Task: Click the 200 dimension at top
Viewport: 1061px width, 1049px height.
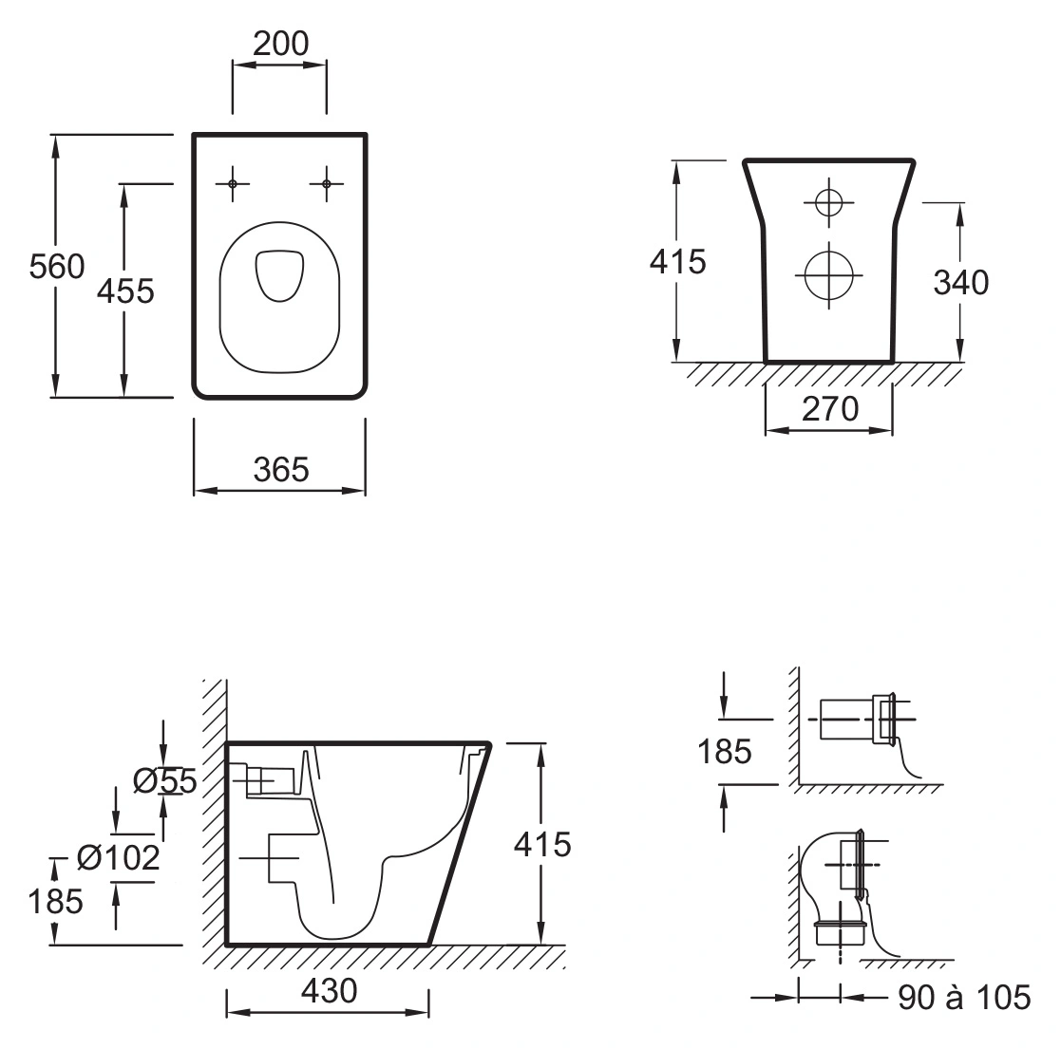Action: tap(281, 44)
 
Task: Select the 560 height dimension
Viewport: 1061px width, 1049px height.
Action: tap(57, 267)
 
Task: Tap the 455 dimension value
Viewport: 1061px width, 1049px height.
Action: tap(125, 291)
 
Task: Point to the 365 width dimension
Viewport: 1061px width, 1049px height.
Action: tap(281, 469)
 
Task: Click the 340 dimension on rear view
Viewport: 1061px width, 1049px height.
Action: tap(961, 283)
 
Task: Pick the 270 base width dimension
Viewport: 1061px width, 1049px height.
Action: tap(830, 408)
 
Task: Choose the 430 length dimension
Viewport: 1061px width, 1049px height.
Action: tap(329, 991)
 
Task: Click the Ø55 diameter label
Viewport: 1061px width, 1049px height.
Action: tap(165, 781)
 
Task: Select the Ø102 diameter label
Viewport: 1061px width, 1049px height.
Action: tap(119, 858)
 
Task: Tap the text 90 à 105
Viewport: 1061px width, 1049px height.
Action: tap(964, 997)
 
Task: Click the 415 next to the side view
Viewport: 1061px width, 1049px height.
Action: tap(542, 845)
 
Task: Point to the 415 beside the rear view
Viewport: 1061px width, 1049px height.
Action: tap(677, 262)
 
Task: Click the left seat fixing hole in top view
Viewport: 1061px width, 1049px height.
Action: tap(232, 183)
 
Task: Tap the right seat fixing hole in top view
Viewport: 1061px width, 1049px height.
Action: tap(326, 183)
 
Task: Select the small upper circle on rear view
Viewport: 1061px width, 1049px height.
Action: tap(829, 201)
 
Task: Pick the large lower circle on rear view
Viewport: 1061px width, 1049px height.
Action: tap(829, 275)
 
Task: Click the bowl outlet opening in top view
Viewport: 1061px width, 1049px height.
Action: tap(279, 275)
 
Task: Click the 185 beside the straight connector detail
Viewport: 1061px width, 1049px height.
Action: tap(725, 752)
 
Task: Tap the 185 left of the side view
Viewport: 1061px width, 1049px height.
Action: tap(55, 902)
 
